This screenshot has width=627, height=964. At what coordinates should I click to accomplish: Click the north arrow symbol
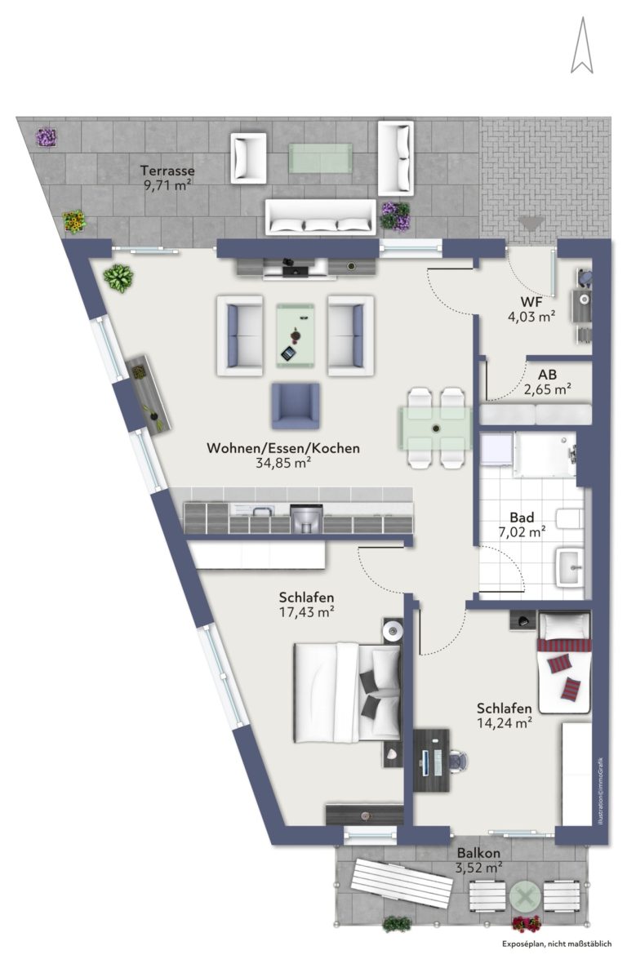(581, 46)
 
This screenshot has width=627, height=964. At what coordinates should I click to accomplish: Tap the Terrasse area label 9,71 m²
(167, 185)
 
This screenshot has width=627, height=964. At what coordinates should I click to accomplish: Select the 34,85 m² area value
(282, 463)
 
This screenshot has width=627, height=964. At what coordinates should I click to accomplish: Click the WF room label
(531, 302)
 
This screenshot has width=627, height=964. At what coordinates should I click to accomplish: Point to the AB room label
(547, 374)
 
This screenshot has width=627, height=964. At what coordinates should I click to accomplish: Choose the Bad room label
(522, 518)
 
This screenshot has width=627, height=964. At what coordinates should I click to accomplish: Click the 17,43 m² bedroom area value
(306, 611)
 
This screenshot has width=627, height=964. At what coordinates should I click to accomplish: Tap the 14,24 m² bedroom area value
(504, 723)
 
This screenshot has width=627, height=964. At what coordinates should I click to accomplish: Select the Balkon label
(478, 853)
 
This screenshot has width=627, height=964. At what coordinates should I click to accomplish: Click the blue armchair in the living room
(296, 406)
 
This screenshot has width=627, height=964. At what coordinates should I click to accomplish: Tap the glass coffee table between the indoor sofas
(295, 335)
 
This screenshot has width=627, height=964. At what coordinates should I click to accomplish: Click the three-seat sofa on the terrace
(320, 216)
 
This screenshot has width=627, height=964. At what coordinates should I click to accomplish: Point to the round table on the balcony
(525, 897)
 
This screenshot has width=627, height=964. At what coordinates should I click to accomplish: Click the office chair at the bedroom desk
(458, 761)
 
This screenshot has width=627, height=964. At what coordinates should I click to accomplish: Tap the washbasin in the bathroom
(570, 566)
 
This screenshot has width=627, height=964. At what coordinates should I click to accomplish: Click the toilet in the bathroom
(570, 518)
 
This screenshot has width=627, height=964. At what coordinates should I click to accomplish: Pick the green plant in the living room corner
(118, 278)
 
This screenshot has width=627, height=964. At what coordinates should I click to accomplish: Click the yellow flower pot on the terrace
(74, 220)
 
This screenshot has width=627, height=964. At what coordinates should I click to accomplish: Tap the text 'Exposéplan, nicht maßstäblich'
(557, 944)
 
